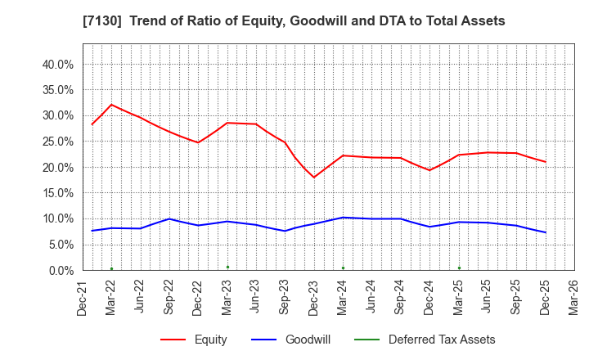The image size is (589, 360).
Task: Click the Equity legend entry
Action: (x=210, y=340)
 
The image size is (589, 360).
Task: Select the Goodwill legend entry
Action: (x=307, y=340)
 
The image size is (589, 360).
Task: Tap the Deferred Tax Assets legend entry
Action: (x=442, y=340)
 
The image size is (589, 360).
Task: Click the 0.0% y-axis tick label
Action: (x=60, y=270)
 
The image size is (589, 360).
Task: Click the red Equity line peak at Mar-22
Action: (x=111, y=105)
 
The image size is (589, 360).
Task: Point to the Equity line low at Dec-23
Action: (x=314, y=178)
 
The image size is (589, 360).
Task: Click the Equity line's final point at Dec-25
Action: (x=545, y=161)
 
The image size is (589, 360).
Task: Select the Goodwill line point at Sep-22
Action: (x=169, y=218)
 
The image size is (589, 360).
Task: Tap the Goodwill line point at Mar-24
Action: (x=343, y=218)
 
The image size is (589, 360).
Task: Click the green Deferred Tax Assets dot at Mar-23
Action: (x=227, y=267)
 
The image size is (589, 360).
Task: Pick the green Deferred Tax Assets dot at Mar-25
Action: (x=459, y=268)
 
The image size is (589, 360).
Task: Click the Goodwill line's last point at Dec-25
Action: (x=545, y=232)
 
